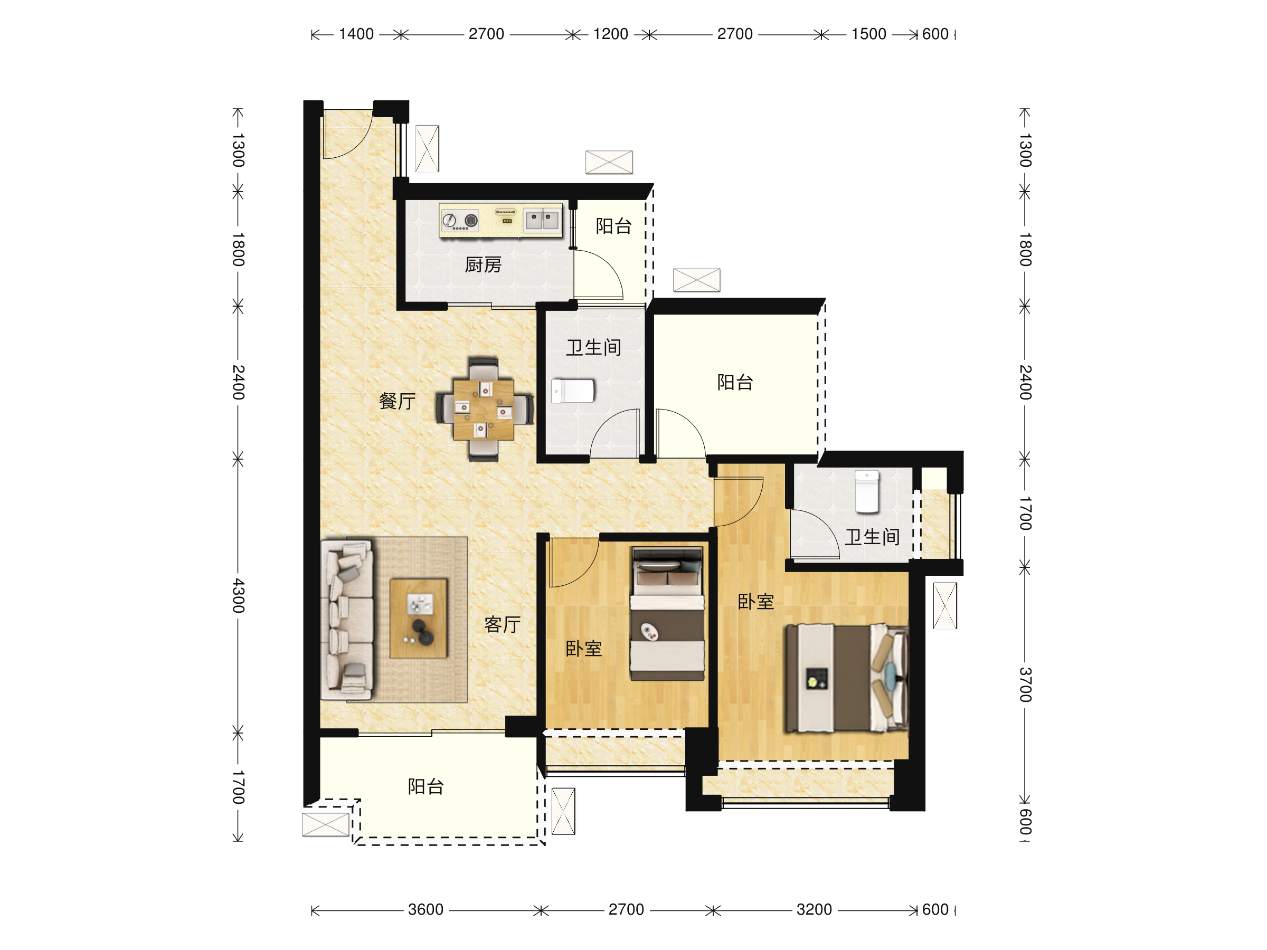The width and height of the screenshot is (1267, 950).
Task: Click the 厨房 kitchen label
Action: point(483,264)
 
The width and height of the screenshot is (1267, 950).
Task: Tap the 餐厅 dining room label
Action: point(397,401)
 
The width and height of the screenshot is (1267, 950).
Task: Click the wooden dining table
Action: point(484,409)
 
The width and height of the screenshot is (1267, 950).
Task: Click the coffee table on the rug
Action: point(418,619)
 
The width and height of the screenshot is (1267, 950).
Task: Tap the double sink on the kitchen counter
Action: point(542,220)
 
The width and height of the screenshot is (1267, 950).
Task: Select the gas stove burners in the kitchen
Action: point(460,221)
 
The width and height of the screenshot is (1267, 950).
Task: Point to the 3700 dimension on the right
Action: point(1025,685)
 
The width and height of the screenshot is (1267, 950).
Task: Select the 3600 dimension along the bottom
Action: point(426,909)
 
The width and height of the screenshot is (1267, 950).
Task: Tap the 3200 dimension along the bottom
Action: point(814,909)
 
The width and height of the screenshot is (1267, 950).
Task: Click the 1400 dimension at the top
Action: point(356,34)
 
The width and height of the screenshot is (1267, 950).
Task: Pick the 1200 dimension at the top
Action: point(611,34)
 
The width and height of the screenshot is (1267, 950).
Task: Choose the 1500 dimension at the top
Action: point(868,34)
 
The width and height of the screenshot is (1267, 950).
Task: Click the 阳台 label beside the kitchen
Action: point(613,225)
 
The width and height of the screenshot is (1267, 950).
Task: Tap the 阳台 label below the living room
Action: point(426,786)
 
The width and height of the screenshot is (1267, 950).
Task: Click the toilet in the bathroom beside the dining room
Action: point(573,391)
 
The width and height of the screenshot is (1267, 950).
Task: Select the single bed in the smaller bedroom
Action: point(667,613)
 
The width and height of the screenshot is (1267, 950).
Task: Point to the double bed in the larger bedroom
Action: point(847,678)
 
